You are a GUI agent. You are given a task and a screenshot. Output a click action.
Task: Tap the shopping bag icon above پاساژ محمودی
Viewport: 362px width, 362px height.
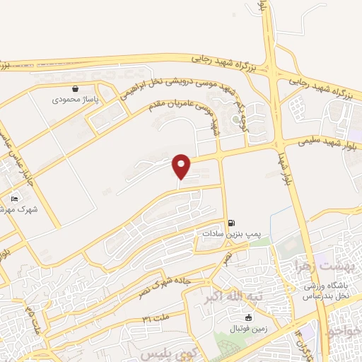[76, 90]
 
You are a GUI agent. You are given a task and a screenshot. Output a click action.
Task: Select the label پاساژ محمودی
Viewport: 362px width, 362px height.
[76, 100]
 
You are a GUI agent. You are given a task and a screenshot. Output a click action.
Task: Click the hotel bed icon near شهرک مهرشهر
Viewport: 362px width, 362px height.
[15, 199]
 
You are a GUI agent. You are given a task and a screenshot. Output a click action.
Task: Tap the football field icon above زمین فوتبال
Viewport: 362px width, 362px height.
[238, 318]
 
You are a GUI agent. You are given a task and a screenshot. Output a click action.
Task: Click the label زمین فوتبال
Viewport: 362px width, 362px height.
[238, 329]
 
